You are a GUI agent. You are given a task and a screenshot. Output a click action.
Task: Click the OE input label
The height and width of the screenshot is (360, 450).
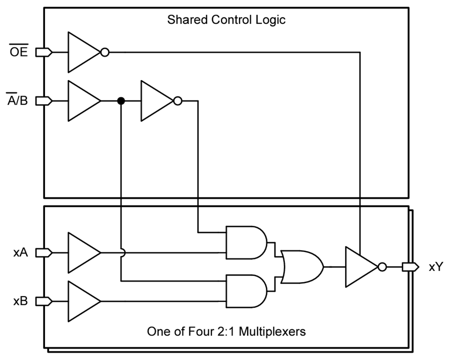point(19,52)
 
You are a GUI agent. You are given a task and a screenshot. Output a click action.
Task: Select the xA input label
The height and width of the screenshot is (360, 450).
point(20,253)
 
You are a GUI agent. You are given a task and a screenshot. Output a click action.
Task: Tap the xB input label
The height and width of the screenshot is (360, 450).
point(20,301)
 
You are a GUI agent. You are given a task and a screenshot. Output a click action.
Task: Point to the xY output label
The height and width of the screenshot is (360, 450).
point(435,267)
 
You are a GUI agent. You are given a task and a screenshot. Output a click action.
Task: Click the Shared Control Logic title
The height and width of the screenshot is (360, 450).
point(226,20)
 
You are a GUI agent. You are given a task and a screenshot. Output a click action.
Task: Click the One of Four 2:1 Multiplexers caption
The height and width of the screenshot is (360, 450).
point(226,331)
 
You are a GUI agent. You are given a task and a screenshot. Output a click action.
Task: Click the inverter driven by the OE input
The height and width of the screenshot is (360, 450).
point(83,52)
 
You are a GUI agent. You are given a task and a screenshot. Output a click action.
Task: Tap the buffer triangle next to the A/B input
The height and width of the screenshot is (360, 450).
point(83,101)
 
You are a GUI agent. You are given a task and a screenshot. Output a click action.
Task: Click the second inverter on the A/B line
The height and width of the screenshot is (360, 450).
point(156,101)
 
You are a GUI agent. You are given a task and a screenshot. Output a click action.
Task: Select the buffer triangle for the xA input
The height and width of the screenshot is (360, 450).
point(83,253)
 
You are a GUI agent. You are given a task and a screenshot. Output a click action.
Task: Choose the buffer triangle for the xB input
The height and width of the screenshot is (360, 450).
point(83,301)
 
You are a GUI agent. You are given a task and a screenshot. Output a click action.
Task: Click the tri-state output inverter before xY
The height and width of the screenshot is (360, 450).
point(360,267)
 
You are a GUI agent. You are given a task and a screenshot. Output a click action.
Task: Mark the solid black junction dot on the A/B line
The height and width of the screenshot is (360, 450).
point(120,101)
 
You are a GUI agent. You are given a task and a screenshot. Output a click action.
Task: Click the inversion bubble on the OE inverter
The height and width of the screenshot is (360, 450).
point(104,52)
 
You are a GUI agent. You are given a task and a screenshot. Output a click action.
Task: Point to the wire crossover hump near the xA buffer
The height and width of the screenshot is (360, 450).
point(121,253)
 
